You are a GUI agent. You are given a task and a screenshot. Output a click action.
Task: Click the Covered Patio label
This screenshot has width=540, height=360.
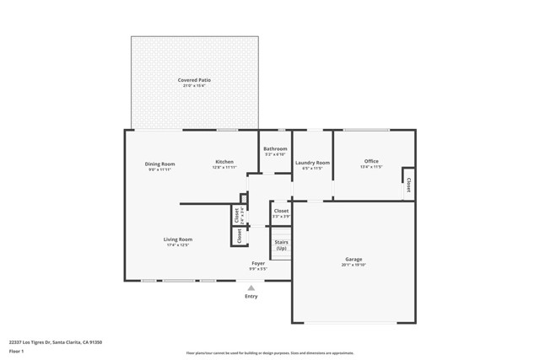194,80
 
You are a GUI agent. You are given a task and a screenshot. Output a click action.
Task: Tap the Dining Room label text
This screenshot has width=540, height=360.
159,164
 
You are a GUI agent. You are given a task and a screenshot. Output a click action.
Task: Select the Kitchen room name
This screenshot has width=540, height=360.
224,162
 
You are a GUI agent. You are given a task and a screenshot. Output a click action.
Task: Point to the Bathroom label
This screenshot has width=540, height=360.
275,149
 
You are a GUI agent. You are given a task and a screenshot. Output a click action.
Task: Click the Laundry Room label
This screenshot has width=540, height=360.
312,162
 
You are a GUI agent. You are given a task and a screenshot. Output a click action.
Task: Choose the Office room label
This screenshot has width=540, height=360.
371,161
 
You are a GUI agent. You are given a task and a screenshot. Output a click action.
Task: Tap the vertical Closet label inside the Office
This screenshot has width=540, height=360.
408,184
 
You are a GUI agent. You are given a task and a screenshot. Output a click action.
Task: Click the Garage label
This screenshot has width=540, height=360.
354,260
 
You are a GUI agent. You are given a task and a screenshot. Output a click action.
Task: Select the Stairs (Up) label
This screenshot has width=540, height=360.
281,245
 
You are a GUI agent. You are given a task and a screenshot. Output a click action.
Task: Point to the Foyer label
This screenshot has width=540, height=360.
258,263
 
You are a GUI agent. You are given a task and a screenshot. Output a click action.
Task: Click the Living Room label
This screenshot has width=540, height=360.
178,239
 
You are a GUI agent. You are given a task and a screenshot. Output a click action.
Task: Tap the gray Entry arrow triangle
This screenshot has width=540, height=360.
251,287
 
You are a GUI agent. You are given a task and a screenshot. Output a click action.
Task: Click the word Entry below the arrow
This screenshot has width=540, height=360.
251,297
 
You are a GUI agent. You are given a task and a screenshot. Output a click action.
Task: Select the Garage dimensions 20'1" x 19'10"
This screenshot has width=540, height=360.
354,266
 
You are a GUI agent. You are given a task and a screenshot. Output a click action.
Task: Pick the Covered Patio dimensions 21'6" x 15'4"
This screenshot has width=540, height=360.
194,86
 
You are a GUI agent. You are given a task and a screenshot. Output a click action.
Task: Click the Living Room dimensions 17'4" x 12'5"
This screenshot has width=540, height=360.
178,245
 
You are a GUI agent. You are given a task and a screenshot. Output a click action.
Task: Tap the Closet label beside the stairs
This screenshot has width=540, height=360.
281,211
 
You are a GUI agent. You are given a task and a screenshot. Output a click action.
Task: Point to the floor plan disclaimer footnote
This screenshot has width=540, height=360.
269,352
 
